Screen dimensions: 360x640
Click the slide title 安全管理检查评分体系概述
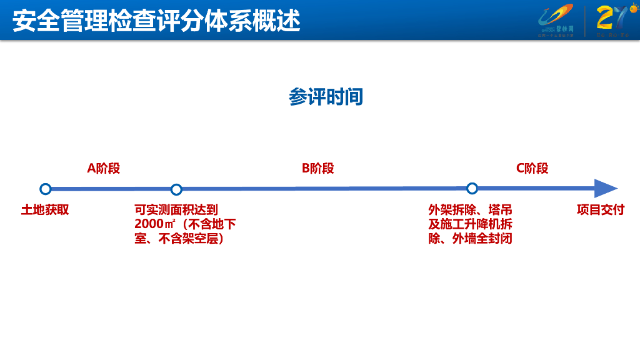156,21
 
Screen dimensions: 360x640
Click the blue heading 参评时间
326,97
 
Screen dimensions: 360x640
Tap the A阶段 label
103,168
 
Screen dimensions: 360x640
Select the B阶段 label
317,168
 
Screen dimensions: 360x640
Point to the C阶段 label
532,168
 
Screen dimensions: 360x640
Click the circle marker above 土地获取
45,189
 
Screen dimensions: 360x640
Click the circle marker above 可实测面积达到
176,189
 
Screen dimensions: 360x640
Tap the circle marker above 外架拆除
472,188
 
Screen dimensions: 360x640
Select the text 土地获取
45,210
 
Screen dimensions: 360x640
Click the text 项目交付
600,210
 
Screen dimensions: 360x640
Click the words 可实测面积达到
176,210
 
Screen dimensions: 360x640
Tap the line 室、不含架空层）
179,239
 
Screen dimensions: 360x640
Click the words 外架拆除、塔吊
470,210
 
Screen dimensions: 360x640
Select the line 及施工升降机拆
470,224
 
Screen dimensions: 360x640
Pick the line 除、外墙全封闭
470,239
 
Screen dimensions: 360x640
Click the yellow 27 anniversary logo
609,19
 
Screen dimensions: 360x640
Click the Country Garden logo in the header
555,19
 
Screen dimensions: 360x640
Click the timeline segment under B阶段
324,189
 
